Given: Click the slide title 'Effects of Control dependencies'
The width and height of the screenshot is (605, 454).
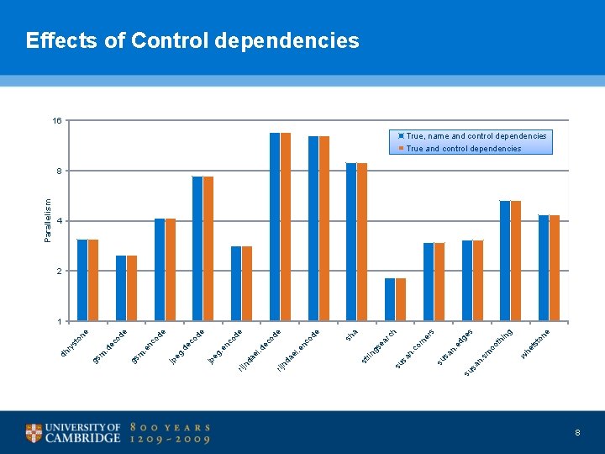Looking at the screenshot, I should point(192,40).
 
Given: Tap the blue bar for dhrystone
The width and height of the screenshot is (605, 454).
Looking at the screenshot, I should point(82,280).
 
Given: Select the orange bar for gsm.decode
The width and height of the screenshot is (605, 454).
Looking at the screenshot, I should point(132,288).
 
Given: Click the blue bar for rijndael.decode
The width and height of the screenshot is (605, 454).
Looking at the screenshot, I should point(275,227).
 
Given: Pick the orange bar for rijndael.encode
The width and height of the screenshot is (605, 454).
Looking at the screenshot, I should point(324,229).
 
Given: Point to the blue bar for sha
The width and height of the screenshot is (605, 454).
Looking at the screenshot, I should point(351,242).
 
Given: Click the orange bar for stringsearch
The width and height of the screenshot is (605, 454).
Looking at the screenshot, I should point(401,299).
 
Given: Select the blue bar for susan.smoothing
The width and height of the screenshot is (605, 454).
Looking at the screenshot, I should point(505,261).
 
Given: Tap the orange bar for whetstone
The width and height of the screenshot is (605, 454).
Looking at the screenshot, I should point(555,268).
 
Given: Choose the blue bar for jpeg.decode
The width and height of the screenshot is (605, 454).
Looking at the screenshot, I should point(197,249).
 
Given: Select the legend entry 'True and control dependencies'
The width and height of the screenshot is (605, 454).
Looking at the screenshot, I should point(463,149).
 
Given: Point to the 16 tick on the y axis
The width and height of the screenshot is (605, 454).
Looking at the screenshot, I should point(57,121).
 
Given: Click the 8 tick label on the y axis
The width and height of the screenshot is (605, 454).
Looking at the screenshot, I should point(59,171).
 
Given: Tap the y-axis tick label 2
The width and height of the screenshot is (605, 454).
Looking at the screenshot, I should point(59,271).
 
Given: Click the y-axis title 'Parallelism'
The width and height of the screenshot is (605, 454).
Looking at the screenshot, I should point(48,221).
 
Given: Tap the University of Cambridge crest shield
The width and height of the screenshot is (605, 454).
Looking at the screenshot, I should point(34,433).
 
